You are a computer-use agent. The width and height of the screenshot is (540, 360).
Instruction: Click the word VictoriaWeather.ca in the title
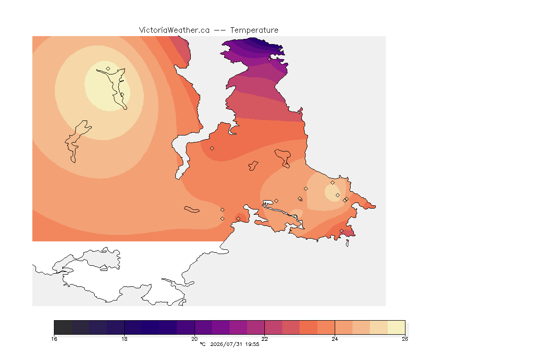click(174, 30)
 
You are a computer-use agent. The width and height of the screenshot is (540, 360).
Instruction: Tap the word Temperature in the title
click(254, 30)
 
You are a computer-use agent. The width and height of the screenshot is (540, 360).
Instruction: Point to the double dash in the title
click(220, 30)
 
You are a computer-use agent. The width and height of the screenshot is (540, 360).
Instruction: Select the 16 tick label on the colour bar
click(54, 339)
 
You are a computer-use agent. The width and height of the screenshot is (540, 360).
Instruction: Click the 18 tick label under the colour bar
click(124, 339)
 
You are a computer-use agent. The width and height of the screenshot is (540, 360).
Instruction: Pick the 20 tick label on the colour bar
click(195, 339)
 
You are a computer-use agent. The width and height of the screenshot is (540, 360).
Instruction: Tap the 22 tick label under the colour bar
click(264, 339)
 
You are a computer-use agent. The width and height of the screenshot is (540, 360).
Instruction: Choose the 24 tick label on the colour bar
click(335, 339)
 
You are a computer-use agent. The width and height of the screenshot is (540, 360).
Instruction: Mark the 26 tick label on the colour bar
click(405, 339)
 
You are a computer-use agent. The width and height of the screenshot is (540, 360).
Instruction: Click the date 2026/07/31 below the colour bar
click(226, 344)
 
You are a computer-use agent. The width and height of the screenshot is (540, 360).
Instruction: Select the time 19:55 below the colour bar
click(252, 344)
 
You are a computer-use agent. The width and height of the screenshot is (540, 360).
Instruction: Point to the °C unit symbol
click(202, 344)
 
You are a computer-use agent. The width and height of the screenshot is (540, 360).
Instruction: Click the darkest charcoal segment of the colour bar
click(63, 327)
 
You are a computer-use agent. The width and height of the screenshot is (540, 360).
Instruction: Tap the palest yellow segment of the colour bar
click(396, 327)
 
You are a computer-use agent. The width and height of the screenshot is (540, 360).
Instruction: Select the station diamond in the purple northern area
click(270, 59)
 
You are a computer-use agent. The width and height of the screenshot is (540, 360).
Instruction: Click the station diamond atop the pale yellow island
click(108, 69)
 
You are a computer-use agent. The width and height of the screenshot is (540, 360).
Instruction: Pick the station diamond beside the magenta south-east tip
click(341, 231)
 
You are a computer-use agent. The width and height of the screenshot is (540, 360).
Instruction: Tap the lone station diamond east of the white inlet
click(212, 149)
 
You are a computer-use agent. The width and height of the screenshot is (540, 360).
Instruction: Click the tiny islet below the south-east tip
click(347, 243)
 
